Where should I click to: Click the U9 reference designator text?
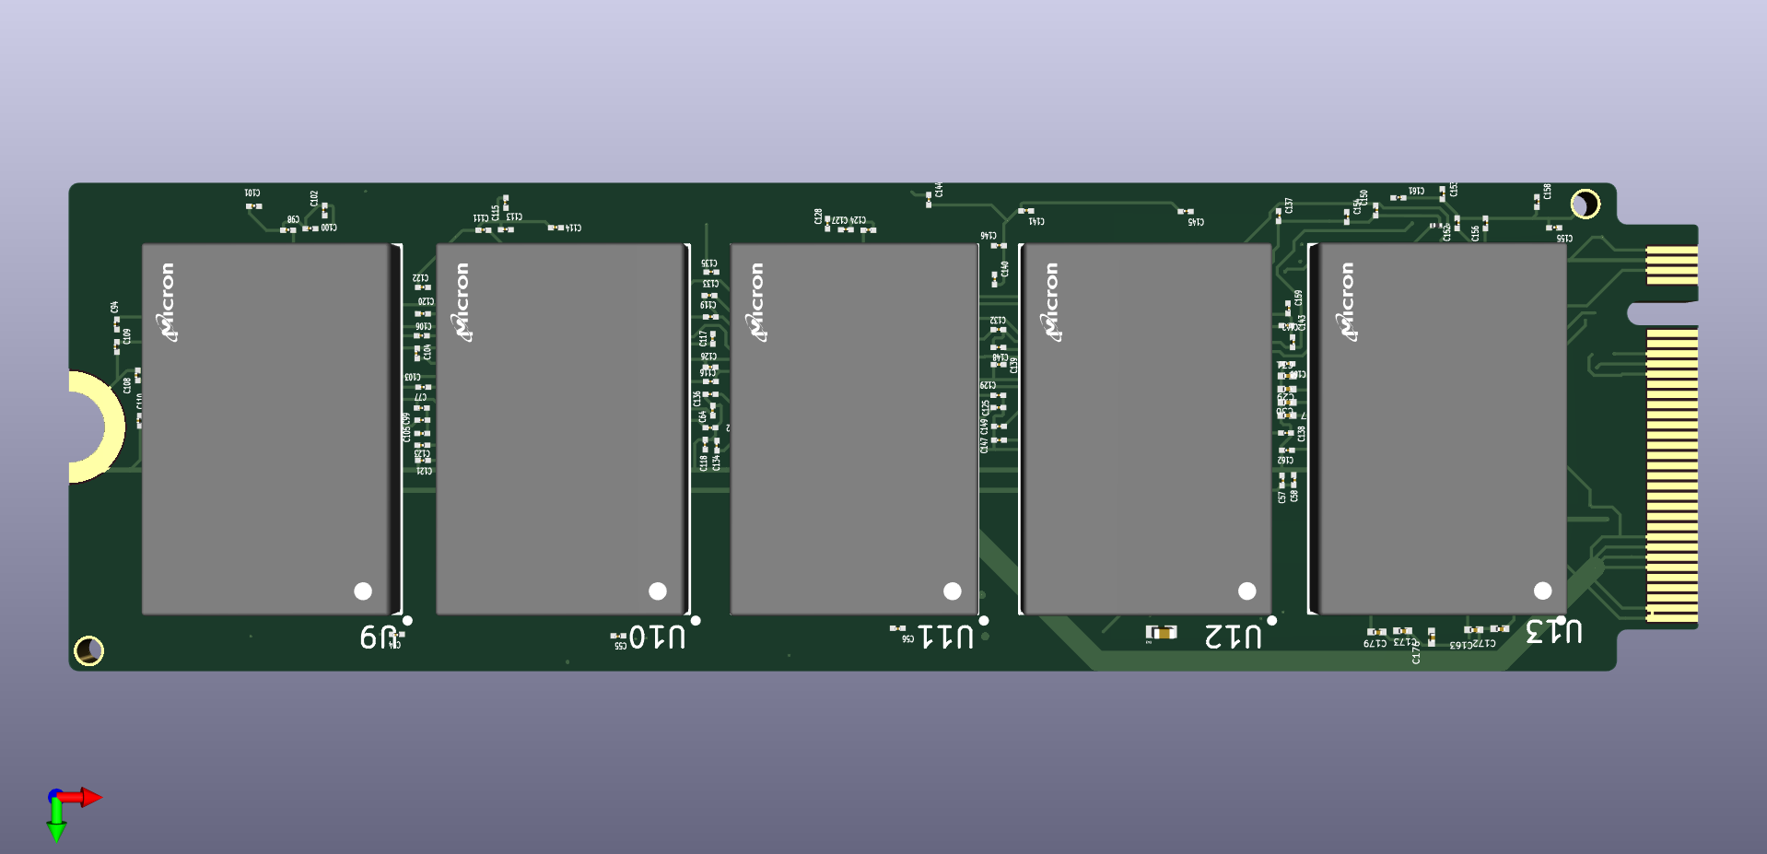pyautogui.click(x=378, y=637)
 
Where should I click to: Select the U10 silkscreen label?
pyautogui.click(x=657, y=637)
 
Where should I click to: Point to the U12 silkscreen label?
pyautogui.click(x=1234, y=636)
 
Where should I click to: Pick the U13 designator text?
pyautogui.click(x=1554, y=632)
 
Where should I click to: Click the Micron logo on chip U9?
pyautogui.click(x=167, y=302)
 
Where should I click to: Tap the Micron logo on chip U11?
pyautogui.click(x=756, y=302)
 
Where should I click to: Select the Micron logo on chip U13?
pyautogui.click(x=1346, y=302)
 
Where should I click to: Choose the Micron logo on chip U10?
pyautogui.click(x=462, y=302)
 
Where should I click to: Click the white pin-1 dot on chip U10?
pyautogui.click(x=658, y=591)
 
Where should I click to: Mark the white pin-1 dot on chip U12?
pyautogui.click(x=1247, y=591)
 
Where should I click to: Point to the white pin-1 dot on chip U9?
pyautogui.click(x=363, y=591)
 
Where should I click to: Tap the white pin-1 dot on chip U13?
pyautogui.click(x=1543, y=591)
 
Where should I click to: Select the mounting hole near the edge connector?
pyautogui.click(x=1585, y=204)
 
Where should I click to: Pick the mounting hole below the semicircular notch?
pyautogui.click(x=88, y=650)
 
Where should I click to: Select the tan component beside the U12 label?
pyautogui.click(x=1164, y=632)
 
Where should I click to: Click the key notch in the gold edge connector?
pyautogui.click(x=1658, y=314)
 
